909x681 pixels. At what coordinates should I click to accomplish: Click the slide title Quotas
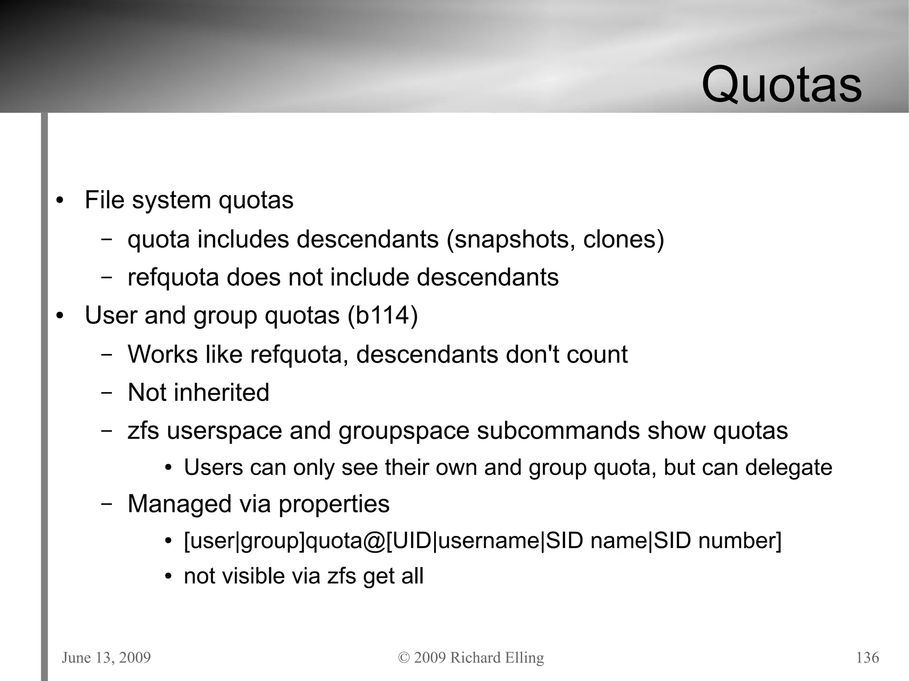782,84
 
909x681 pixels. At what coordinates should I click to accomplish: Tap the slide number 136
867,657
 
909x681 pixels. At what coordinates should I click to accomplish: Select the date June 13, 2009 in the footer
107,657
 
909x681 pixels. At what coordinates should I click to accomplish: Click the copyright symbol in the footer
404,657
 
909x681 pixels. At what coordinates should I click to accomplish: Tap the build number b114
383,315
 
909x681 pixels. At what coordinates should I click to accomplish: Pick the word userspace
224,431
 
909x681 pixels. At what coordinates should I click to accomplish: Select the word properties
334,504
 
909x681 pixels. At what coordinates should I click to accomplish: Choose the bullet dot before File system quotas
60,201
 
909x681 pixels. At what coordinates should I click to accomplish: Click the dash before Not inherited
106,393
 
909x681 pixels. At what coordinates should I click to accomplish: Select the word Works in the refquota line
162,354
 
